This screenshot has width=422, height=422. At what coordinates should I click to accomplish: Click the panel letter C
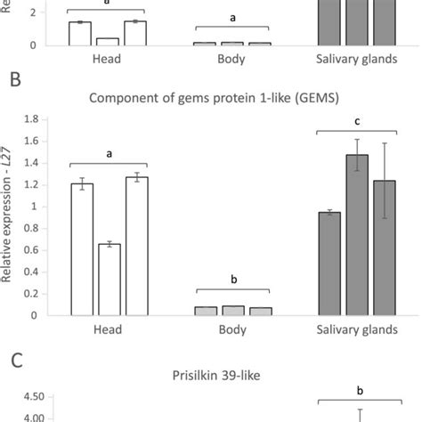click(14, 360)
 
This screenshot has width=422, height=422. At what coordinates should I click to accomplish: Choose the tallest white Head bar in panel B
click(136, 246)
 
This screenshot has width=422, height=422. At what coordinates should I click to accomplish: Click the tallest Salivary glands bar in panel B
click(357, 235)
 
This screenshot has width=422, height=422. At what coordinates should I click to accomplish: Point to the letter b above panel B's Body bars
click(233, 280)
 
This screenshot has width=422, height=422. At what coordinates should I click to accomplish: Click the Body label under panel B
click(233, 329)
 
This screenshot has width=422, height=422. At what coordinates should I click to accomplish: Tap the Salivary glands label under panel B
click(357, 329)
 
